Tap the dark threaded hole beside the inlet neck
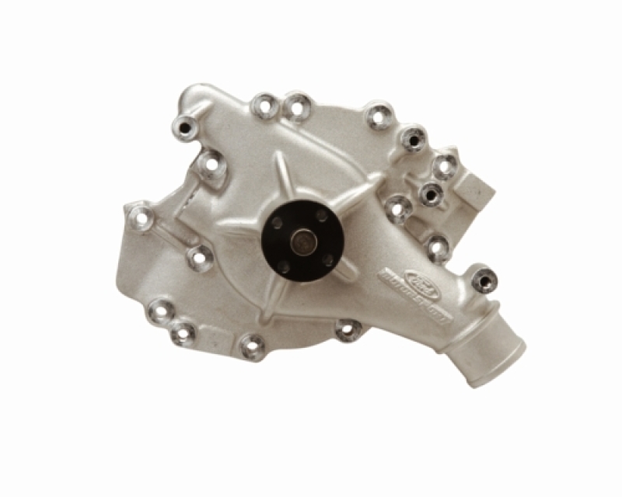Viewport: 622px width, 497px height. (484, 276)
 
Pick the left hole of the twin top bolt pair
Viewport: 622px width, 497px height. (265, 106)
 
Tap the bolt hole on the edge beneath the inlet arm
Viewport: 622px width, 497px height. (347, 329)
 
